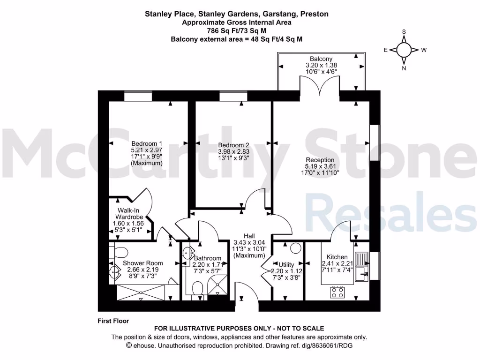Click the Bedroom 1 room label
tap(147, 143)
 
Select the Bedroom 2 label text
tap(233, 145)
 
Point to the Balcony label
tap(321, 59)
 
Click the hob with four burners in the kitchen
tap(337, 292)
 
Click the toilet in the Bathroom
tap(197, 287)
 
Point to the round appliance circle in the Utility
tap(295, 248)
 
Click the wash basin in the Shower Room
tap(114, 272)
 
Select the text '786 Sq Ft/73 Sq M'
tap(236, 30)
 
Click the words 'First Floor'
tap(113, 321)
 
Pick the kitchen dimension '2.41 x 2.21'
tap(337, 264)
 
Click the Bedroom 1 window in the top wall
tap(138, 96)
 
